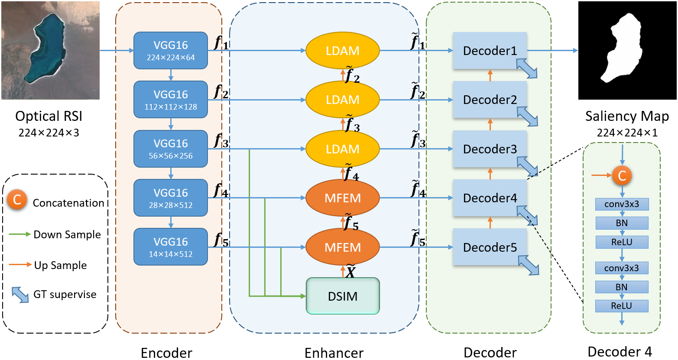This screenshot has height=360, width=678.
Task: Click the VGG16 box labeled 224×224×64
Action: click(x=171, y=50)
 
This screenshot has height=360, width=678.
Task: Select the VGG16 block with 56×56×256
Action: click(x=171, y=149)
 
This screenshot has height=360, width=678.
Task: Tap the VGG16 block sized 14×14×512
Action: click(x=171, y=247)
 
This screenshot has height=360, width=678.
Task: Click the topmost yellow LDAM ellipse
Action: click(x=343, y=50)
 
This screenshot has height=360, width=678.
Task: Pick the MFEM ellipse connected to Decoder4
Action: click(x=343, y=198)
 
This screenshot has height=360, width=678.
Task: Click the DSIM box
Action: click(x=343, y=296)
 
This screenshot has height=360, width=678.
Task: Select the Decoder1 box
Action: click(x=490, y=50)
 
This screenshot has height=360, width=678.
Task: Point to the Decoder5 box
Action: click(x=490, y=247)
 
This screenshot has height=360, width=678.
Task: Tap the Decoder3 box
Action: click(x=490, y=149)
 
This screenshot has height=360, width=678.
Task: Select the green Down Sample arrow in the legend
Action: click(x=20, y=234)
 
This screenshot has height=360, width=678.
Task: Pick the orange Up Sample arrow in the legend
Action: click(x=20, y=265)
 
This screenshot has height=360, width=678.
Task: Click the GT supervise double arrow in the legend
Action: click(x=20, y=295)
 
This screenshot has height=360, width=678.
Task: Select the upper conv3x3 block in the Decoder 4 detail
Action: click(x=622, y=204)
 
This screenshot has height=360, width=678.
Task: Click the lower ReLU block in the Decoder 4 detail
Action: click(x=622, y=306)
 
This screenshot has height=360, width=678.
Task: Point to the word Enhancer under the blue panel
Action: click(x=334, y=353)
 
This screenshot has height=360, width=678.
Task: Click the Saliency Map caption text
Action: click(x=627, y=116)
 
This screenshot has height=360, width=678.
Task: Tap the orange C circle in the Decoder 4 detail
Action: click(x=622, y=175)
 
